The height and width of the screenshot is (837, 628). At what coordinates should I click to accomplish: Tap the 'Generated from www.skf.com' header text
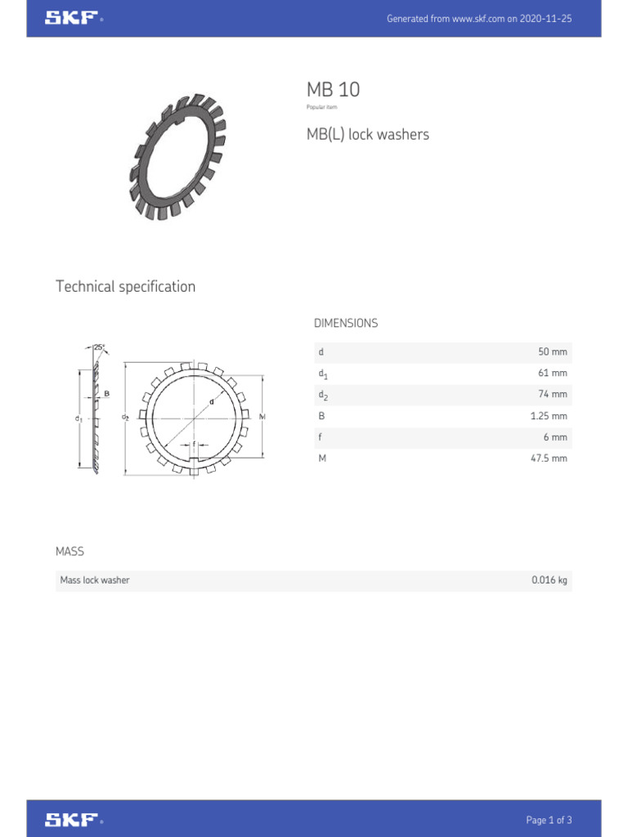pyautogui.click(x=478, y=19)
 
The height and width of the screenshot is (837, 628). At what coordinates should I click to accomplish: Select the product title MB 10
pyautogui.click(x=333, y=90)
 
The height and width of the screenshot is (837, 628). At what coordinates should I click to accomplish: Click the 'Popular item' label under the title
pyautogui.click(x=321, y=107)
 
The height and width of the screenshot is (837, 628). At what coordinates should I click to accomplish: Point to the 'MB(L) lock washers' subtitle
pyautogui.click(x=367, y=134)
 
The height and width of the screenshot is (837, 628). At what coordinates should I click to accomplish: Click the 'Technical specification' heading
pyautogui.click(x=125, y=286)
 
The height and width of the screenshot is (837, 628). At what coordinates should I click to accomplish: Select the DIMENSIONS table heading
pyautogui.click(x=346, y=323)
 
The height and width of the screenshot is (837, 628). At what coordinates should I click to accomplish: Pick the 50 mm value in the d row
pyautogui.click(x=552, y=352)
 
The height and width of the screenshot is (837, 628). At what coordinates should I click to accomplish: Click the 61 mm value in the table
pyautogui.click(x=552, y=374)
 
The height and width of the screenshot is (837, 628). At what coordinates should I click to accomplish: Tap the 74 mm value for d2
pyautogui.click(x=552, y=395)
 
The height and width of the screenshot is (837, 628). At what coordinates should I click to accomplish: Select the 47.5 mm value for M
pyautogui.click(x=548, y=459)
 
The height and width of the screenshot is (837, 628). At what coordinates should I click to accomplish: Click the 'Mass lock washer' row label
pyautogui.click(x=95, y=580)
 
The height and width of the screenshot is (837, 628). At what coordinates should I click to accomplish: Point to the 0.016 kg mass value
pyautogui.click(x=549, y=580)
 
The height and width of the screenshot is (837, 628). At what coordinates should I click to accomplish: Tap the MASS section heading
pyautogui.click(x=70, y=552)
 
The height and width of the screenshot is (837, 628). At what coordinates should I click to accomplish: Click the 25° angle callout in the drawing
pyautogui.click(x=99, y=347)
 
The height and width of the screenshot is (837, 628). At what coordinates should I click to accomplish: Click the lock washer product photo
pyautogui.click(x=177, y=157)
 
